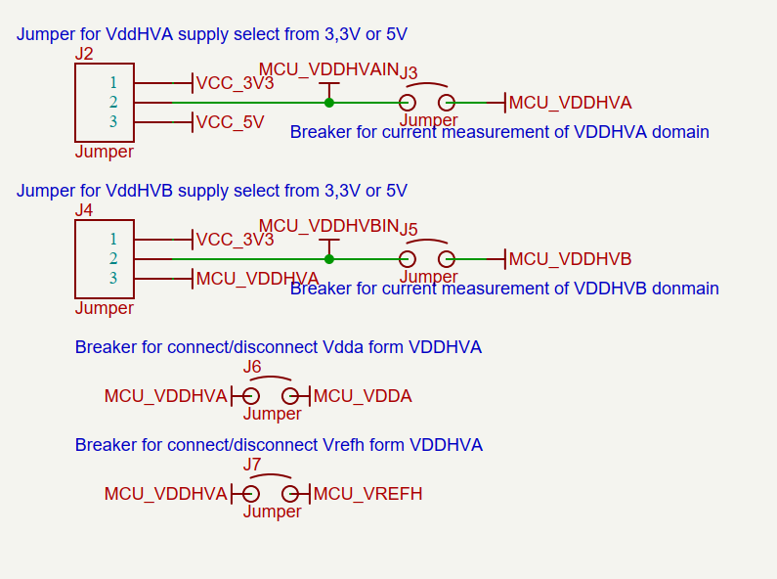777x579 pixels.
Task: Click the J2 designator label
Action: click(84, 54)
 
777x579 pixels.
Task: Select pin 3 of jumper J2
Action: click(113, 122)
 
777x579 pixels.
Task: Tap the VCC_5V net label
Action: click(230, 122)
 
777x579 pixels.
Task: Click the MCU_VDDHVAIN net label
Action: click(328, 69)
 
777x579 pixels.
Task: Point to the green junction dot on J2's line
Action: click(329, 103)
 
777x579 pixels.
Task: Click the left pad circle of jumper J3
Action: click(408, 103)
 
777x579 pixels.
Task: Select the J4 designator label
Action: click(84, 210)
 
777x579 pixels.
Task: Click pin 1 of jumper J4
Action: click(113, 240)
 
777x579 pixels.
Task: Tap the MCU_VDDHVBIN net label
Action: click(328, 226)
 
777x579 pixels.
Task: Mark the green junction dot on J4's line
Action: click(329, 259)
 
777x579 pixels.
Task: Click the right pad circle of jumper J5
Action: click(447, 259)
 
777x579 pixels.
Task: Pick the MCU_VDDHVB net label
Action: click(570, 259)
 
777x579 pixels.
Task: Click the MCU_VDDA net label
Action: click(363, 396)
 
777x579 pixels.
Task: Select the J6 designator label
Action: click(252, 367)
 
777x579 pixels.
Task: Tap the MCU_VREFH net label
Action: click(367, 494)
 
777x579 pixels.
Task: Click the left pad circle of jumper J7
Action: click(251, 494)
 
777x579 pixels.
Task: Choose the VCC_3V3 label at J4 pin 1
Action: click(235, 240)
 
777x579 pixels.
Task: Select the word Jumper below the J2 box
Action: click(105, 152)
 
